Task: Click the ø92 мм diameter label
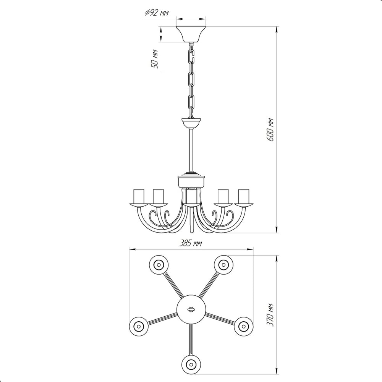click(157, 13)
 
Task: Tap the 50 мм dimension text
click(155, 59)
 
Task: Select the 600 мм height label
click(270, 130)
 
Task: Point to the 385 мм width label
click(191, 243)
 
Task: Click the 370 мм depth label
click(270, 315)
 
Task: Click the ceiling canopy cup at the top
click(191, 34)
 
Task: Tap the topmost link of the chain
click(191, 56)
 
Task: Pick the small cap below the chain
click(191, 123)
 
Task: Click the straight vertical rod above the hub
click(191, 151)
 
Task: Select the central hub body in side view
click(191, 181)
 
